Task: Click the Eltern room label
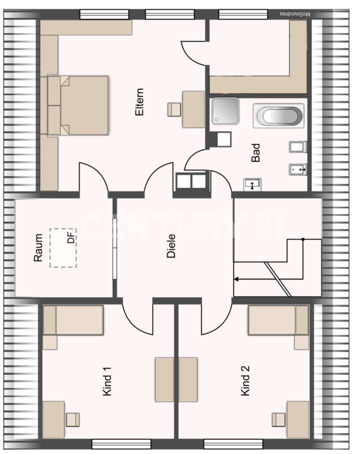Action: click(139, 102)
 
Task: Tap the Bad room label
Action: click(256, 152)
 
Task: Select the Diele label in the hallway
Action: click(171, 245)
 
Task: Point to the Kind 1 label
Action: click(106, 381)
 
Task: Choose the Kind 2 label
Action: click(245, 381)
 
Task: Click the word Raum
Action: click(38, 248)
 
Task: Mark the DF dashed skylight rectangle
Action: click(63, 247)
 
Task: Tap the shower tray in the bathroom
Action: click(225, 111)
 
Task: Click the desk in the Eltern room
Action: click(193, 109)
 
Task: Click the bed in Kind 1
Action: click(73, 320)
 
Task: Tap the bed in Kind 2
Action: click(278, 320)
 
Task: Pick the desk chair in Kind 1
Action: click(73, 419)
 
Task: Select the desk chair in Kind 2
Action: click(278, 419)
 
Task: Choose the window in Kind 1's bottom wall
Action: click(121, 443)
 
